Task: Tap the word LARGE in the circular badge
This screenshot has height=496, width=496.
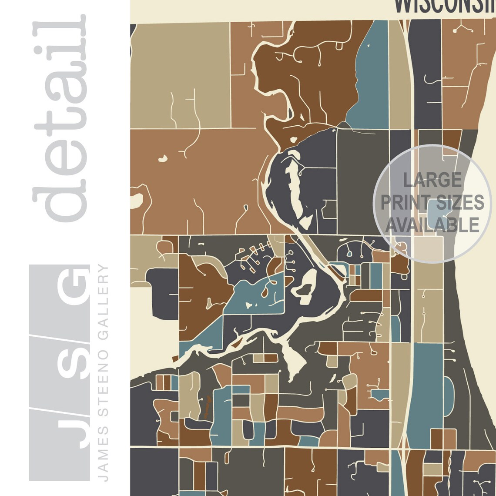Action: coord(432,180)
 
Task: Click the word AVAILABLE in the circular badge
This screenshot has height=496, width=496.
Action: coord(432,225)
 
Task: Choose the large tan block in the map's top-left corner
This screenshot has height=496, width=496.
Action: coord(180,74)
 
